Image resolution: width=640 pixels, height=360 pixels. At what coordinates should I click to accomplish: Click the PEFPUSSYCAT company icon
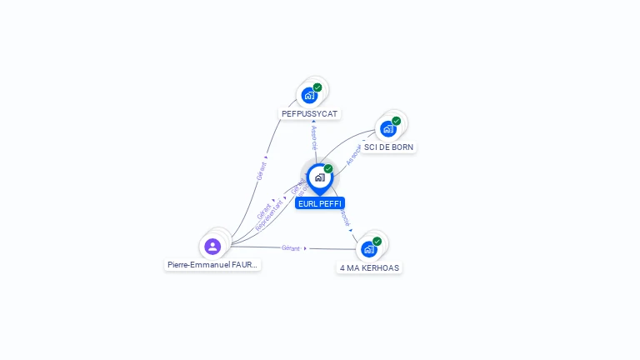[x=310, y=95]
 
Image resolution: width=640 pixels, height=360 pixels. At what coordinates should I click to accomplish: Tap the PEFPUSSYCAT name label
[x=311, y=113]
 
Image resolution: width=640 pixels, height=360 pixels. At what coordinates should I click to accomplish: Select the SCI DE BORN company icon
[x=387, y=129]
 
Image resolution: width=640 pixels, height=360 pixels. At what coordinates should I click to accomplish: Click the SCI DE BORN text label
[x=388, y=147]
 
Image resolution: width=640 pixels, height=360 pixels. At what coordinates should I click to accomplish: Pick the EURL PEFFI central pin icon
[x=319, y=177]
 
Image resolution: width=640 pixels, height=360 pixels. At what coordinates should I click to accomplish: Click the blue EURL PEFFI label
[x=319, y=203]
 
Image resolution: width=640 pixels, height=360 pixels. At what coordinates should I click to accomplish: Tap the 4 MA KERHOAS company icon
[x=368, y=249]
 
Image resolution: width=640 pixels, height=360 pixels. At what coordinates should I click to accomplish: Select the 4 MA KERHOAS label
[x=369, y=268]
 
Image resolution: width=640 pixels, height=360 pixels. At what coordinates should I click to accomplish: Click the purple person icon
[x=212, y=246]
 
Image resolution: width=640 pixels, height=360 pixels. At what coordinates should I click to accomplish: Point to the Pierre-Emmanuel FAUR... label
[x=212, y=265]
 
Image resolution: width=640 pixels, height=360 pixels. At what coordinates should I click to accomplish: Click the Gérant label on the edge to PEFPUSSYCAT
[x=262, y=170]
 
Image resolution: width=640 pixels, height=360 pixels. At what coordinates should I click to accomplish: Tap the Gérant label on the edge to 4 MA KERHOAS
[x=291, y=248]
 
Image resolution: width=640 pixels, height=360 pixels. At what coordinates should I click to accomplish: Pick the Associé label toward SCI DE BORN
[x=353, y=156]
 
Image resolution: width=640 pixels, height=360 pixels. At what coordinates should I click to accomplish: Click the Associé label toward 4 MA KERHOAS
[x=343, y=218]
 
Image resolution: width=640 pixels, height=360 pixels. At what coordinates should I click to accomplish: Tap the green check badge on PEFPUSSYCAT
[x=317, y=87]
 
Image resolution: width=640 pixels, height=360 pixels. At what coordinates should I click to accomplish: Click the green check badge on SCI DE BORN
[x=396, y=121]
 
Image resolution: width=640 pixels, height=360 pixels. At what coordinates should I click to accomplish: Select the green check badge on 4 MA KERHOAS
[x=377, y=242]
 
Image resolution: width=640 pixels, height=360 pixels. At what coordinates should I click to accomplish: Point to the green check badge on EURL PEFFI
[x=328, y=169]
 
